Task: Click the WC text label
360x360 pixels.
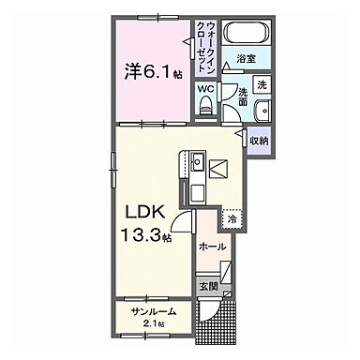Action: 205,89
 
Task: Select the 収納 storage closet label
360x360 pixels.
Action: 258,141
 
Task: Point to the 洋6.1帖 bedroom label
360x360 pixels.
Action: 150,69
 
